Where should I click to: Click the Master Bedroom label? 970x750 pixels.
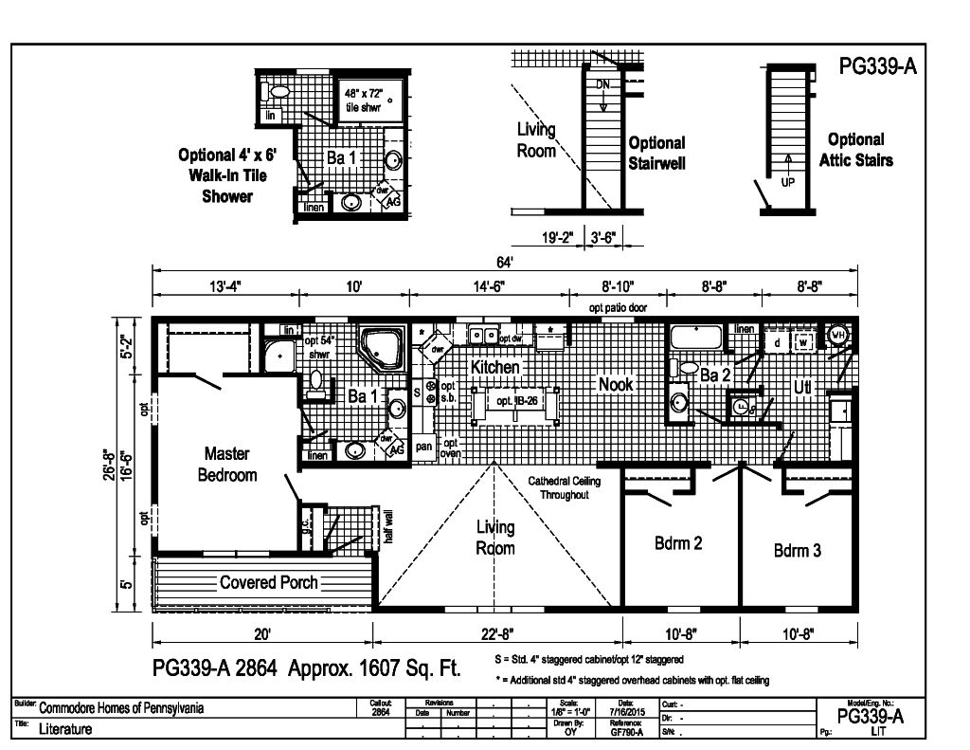[227, 464]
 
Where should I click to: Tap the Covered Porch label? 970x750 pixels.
[268, 582]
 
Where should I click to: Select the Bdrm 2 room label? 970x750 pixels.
[678, 543]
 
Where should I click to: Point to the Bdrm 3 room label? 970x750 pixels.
[797, 550]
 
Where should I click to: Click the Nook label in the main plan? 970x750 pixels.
[615, 384]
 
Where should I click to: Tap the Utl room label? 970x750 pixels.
[805, 388]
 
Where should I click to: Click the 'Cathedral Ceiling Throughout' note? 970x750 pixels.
[566, 488]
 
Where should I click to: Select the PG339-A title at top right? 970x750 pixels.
[877, 66]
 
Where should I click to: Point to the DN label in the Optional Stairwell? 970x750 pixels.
[602, 85]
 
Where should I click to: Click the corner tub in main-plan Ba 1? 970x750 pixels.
[380, 348]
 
